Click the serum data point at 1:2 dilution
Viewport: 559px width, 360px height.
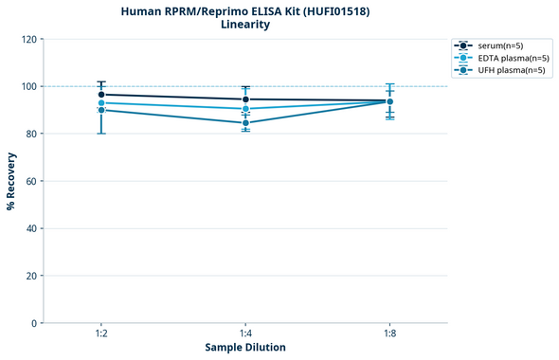coord(101,95)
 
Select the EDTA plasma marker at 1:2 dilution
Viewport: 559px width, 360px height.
coord(101,102)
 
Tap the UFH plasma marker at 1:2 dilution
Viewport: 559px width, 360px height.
coord(101,110)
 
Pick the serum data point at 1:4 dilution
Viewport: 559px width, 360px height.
coord(245,99)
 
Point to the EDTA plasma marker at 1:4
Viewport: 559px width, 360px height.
coord(245,109)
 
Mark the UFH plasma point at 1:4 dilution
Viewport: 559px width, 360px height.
coord(245,123)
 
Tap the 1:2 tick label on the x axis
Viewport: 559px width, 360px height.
coord(101,334)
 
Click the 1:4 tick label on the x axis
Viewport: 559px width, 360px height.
coord(245,334)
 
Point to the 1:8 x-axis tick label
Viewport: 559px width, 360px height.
coord(390,334)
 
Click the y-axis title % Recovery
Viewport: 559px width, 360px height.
coord(11,180)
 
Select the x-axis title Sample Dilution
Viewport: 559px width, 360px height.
coord(245,348)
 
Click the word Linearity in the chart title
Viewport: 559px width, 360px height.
coord(244,25)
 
